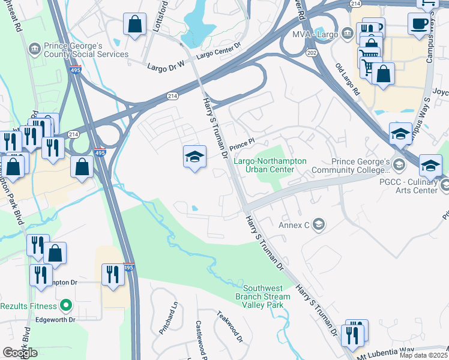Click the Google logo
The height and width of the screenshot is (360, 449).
point(20,353)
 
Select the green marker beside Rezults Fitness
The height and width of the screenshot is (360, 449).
point(67,306)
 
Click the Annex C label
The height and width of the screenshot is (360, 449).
point(294,226)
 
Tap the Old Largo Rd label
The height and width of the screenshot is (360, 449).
point(347,80)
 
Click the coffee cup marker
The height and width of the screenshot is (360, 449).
point(419,23)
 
